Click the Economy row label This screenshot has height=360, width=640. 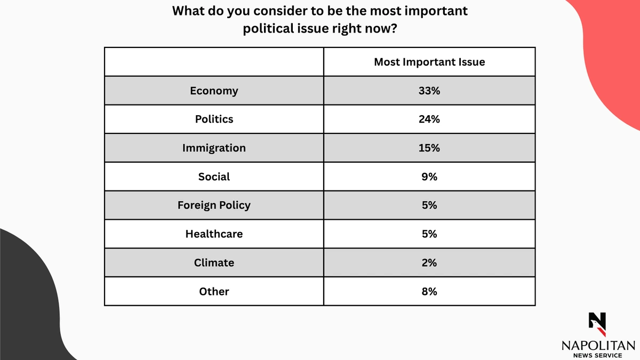click(x=214, y=91)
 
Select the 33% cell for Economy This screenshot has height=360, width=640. click(x=429, y=91)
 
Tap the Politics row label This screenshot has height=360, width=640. click(x=214, y=119)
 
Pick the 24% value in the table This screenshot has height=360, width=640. click(x=429, y=119)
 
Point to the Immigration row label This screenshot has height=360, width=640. click(x=214, y=148)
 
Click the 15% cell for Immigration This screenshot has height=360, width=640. click(x=429, y=148)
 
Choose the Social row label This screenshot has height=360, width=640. click(x=214, y=177)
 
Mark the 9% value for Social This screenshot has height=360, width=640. click(x=429, y=177)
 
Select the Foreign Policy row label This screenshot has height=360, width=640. click(x=214, y=205)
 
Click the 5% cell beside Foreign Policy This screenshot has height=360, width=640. click(x=429, y=205)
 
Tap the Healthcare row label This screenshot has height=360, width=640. click(x=214, y=234)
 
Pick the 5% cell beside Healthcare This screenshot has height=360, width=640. click(x=429, y=234)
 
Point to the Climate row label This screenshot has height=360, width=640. click(x=214, y=262)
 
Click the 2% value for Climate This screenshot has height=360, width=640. click(x=429, y=262)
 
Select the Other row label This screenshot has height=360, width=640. click(x=214, y=291)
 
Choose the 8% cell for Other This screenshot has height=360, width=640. click(x=429, y=291)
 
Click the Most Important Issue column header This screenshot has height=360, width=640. click(x=429, y=62)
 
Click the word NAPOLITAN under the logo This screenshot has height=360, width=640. click(x=598, y=346)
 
